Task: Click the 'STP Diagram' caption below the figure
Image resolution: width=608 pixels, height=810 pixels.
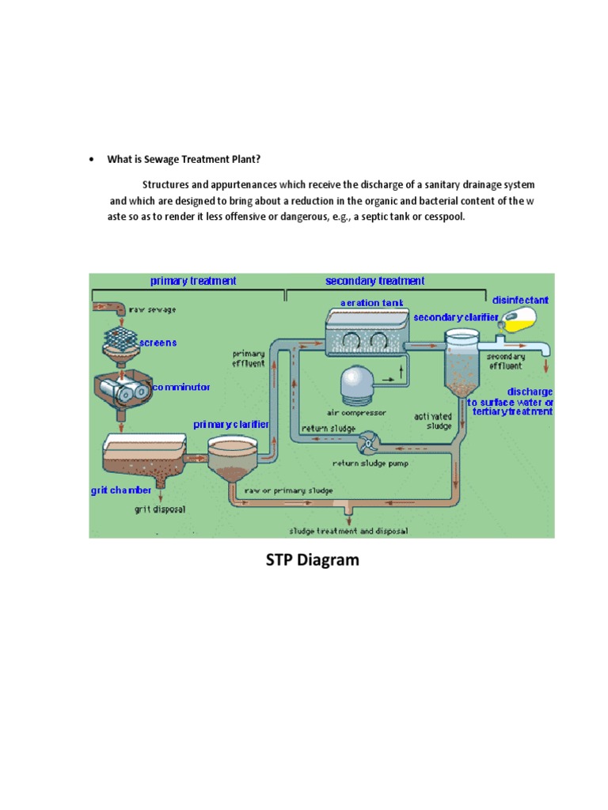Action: tap(311, 561)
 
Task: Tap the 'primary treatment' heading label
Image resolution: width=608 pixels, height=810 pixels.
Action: tap(193, 281)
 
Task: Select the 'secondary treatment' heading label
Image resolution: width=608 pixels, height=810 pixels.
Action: tap(374, 281)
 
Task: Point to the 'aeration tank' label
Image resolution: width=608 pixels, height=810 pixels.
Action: tap(371, 303)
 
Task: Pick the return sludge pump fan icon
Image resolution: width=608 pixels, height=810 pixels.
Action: tap(368, 444)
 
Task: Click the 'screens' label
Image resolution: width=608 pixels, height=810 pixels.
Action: tap(158, 343)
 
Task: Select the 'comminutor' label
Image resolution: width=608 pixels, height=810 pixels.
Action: tap(181, 388)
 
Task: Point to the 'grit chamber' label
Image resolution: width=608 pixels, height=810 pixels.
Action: tap(120, 490)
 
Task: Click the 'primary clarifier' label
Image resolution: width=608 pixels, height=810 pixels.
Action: tap(231, 425)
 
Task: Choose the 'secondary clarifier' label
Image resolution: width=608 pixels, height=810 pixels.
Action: tap(456, 317)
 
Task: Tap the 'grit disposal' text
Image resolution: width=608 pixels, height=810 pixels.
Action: tap(160, 509)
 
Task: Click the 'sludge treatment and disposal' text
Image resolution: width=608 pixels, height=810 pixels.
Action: tap(348, 531)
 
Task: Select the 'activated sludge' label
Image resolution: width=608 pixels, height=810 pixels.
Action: tap(433, 421)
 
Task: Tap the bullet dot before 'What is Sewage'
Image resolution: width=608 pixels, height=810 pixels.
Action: tap(92, 160)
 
